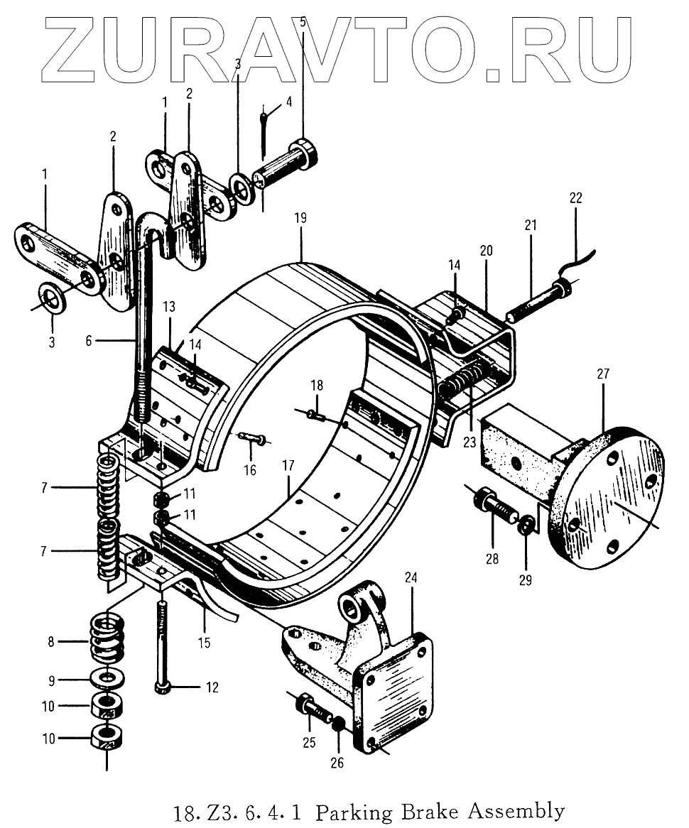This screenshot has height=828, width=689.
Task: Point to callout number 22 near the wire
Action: [x=575, y=199]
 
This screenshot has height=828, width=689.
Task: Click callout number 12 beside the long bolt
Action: [x=212, y=687]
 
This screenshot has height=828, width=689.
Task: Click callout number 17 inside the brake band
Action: [x=288, y=467]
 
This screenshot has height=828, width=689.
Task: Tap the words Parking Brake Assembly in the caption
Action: [x=440, y=810]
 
